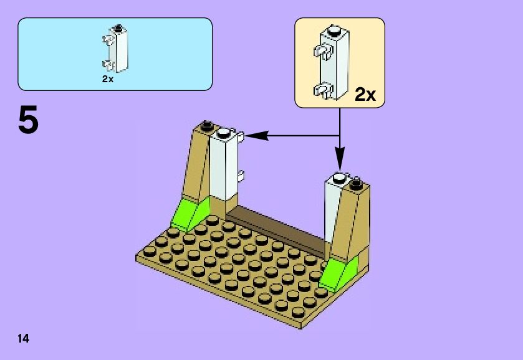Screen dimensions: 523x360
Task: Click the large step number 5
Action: click(29, 120)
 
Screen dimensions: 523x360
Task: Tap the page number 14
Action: click(24, 339)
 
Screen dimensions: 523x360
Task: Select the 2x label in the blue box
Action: click(108, 79)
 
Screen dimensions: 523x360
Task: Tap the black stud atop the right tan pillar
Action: click(357, 183)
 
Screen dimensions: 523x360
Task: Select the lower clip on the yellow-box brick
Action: click(322, 91)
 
